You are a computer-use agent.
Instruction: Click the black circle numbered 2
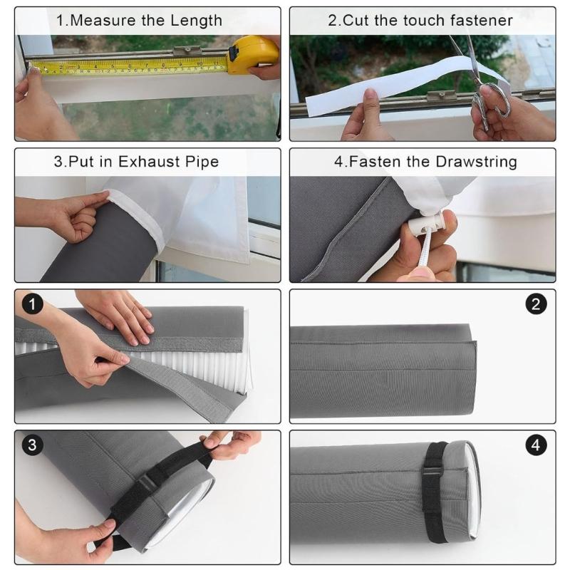(536, 305)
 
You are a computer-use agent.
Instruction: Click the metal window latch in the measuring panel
(187, 51)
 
